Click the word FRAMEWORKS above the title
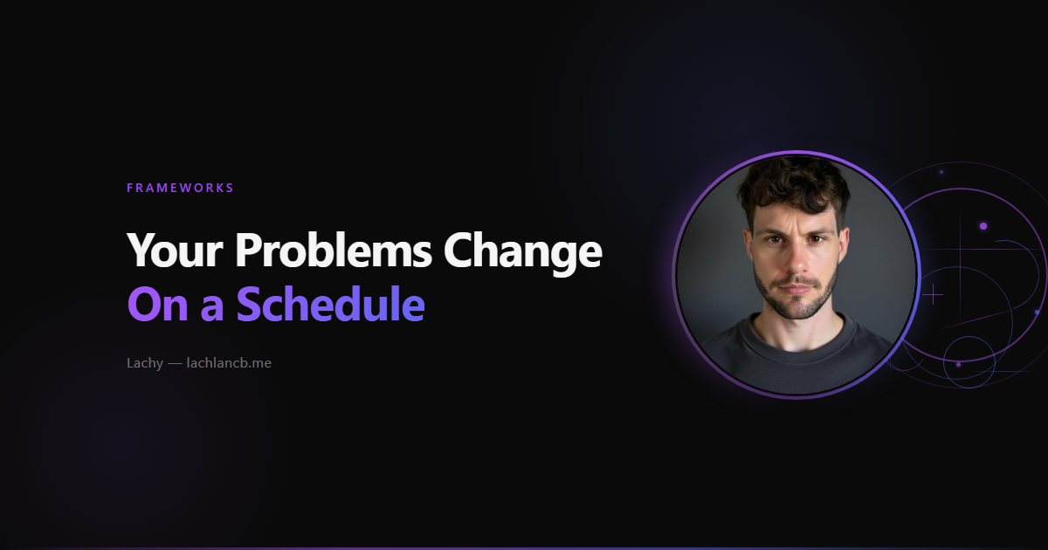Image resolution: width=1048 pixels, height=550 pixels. tap(180, 188)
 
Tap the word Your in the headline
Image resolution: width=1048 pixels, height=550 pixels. tap(175, 251)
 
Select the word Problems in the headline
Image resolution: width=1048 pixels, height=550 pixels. tap(333, 250)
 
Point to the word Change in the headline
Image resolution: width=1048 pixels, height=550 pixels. tap(522, 252)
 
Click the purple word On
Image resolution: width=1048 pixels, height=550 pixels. tap(158, 304)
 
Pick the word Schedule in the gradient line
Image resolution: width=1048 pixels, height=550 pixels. tap(331, 303)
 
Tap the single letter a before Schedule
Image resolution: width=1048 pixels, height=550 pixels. tap(212, 308)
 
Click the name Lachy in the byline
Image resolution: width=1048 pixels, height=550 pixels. tap(145, 363)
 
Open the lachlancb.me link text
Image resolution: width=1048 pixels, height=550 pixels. tap(229, 363)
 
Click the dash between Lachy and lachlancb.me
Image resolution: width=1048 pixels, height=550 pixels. tap(175, 364)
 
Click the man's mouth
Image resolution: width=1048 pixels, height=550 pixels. tap(796, 286)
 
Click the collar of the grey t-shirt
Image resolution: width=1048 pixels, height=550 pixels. tap(796, 346)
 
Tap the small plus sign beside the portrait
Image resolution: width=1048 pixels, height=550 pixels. tap(933, 295)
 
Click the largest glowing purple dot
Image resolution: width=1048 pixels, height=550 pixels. tap(983, 226)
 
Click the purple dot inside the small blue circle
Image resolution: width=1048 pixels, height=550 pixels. tap(959, 364)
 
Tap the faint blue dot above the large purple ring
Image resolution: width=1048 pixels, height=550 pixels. tap(941, 172)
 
